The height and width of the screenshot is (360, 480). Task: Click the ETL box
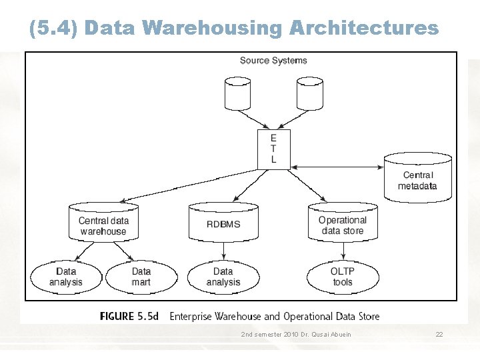tap(273, 149)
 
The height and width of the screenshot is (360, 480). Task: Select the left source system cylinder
tap(238, 93)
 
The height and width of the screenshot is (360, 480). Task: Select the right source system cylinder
tap(309, 93)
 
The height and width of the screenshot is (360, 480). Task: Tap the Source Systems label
tap(273, 61)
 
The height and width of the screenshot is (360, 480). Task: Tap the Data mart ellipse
tap(141, 277)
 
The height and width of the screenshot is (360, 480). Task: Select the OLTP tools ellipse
tap(343, 277)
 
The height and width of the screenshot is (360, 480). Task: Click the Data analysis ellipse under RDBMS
tap(223, 277)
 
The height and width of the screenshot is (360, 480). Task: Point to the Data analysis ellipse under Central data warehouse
tap(66, 277)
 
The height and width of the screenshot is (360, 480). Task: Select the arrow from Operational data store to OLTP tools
tap(343, 251)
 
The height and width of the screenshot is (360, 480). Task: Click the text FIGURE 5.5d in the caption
tap(130, 316)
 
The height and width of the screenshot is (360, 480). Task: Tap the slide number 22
tap(439, 334)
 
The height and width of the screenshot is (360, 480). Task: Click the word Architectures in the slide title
tap(364, 28)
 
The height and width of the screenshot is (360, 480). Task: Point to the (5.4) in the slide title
tap(54, 28)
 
